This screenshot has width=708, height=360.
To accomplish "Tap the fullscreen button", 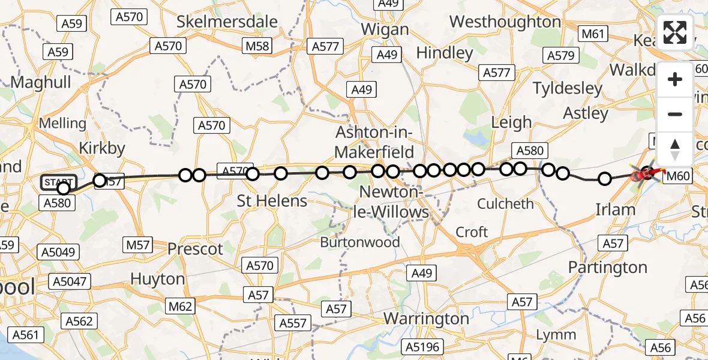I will pyautogui.click(x=675, y=32).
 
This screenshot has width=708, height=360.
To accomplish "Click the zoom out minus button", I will pyautogui.click(x=675, y=114).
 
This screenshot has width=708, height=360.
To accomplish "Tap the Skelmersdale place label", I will pyautogui.click(x=227, y=22).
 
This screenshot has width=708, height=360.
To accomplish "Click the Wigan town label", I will pyautogui.click(x=386, y=29).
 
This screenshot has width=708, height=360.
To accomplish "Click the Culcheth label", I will pyautogui.click(x=505, y=204).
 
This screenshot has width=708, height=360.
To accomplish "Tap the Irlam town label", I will pyautogui.click(x=615, y=209).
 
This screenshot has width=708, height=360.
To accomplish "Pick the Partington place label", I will pyautogui.click(x=607, y=267).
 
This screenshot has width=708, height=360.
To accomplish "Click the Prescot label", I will pyautogui.click(x=195, y=248).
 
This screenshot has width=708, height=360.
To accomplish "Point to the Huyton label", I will pyautogui.click(x=157, y=279).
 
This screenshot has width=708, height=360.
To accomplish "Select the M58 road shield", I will pyautogui.click(x=259, y=46).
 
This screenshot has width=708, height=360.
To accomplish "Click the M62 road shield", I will pyautogui.click(x=180, y=307).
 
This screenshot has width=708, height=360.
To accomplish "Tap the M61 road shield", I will pyautogui.click(x=593, y=34).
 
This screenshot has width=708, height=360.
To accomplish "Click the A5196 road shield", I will pyautogui.click(x=423, y=347).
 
